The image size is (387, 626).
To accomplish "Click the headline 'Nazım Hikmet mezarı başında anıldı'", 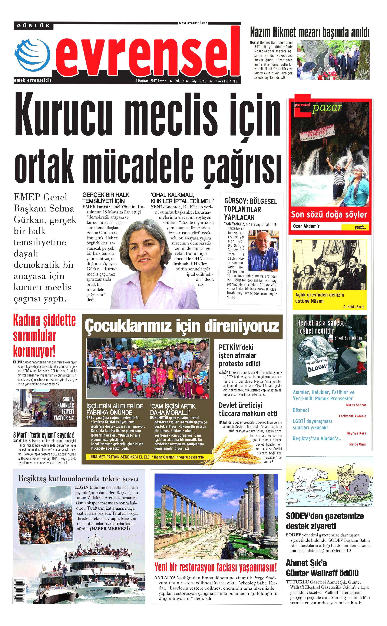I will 310,33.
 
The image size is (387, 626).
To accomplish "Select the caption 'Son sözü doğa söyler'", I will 329,214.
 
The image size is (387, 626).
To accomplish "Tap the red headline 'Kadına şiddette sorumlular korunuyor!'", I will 44,336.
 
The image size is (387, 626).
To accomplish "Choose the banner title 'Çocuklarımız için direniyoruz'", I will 182,326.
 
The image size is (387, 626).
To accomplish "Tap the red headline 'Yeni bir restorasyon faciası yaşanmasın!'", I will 215,567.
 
